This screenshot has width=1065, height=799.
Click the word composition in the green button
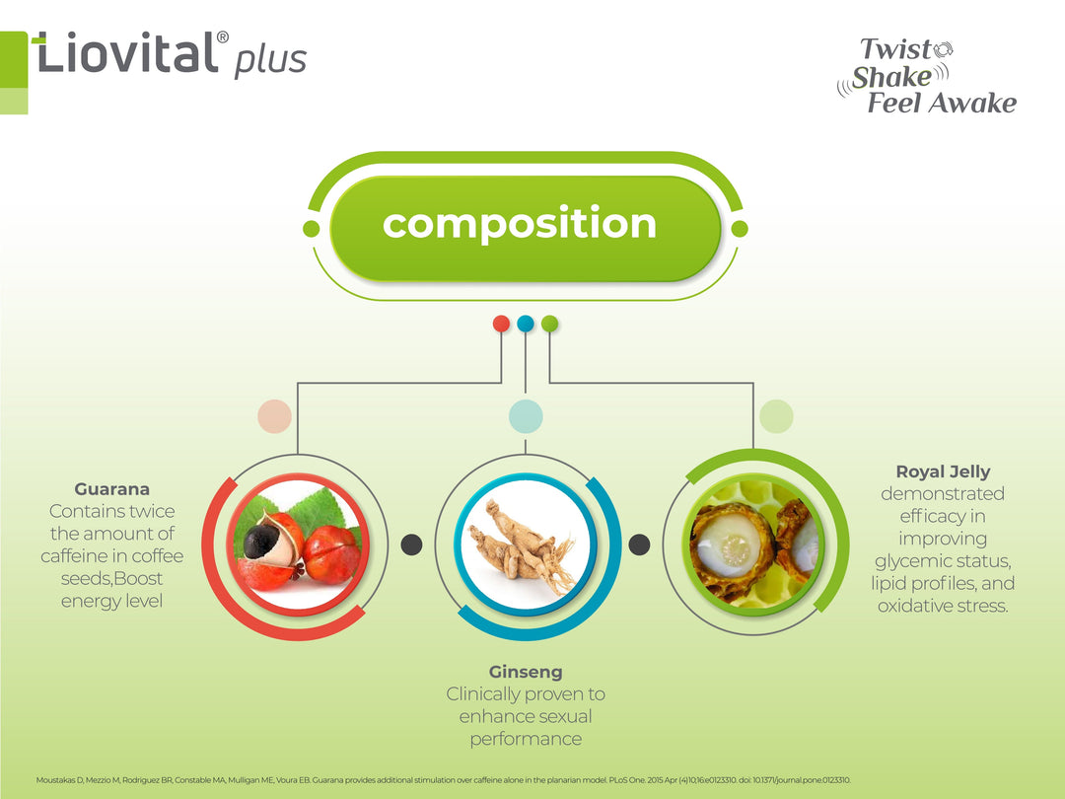(x=520, y=223)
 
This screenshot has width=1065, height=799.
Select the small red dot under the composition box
(x=501, y=323)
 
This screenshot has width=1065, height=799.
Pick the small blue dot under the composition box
(x=526, y=323)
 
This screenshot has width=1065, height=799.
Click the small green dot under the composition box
(x=550, y=323)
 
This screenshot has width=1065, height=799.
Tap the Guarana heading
(x=112, y=489)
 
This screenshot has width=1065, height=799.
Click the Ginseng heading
(x=526, y=673)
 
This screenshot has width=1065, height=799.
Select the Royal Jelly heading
(x=943, y=472)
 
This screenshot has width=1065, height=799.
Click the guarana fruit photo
(x=297, y=545)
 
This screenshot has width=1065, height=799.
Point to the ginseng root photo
(x=526, y=545)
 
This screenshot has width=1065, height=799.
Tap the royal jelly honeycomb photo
(x=753, y=545)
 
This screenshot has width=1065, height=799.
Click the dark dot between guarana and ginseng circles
(x=412, y=545)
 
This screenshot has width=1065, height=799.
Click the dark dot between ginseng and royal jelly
(x=639, y=545)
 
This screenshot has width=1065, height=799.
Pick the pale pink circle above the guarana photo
(x=274, y=416)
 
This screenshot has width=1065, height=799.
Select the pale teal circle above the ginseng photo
(x=526, y=416)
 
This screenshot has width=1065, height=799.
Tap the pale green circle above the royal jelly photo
(x=776, y=416)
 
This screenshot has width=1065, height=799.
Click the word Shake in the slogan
(x=891, y=77)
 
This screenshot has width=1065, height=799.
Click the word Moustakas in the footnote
(x=57, y=780)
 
